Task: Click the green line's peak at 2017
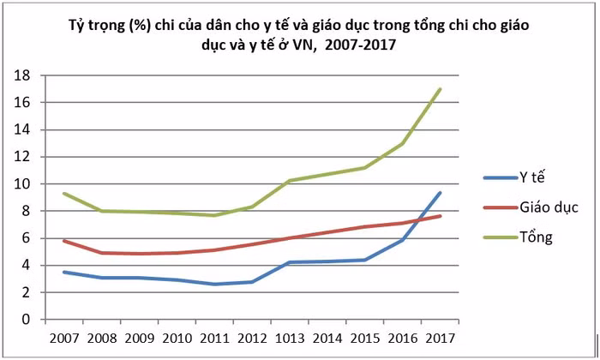pos(441,89)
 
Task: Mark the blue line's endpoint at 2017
pos(441,193)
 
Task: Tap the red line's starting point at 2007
pos(64,241)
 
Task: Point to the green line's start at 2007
pos(64,194)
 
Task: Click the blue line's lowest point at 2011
pos(215,285)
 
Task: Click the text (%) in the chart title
pos(141,27)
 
